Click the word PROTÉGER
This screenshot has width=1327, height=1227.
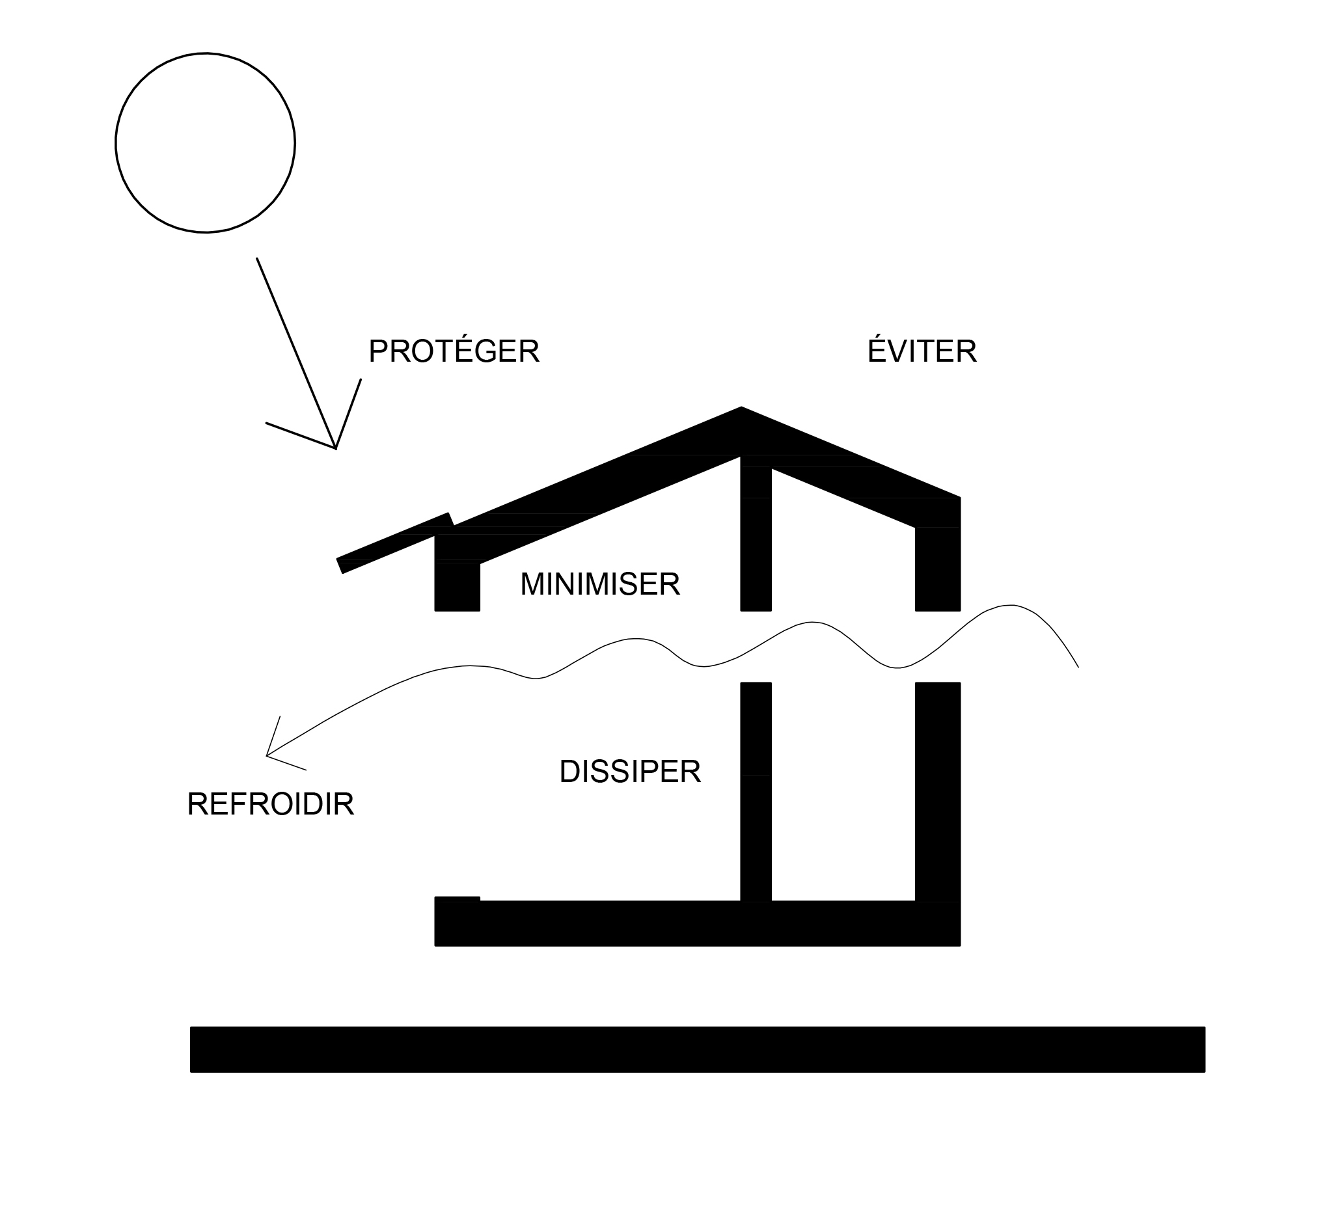tap(454, 352)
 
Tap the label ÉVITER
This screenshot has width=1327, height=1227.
tap(921, 352)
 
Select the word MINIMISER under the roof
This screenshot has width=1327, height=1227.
tap(600, 585)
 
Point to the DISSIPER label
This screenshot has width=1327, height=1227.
tap(629, 772)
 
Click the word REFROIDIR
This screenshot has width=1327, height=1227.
tap(270, 805)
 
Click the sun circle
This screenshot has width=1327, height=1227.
tap(205, 142)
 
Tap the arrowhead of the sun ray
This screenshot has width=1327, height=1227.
tap(335, 447)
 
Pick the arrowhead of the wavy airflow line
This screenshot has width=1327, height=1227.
tap(268, 755)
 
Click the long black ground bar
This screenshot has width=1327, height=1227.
tap(698, 1050)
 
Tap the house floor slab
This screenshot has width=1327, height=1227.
tap(698, 924)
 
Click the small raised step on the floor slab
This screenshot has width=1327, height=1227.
tap(457, 899)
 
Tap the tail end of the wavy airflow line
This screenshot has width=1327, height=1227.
tap(1076, 666)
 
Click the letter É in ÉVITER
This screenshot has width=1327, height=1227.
tap(876, 351)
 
